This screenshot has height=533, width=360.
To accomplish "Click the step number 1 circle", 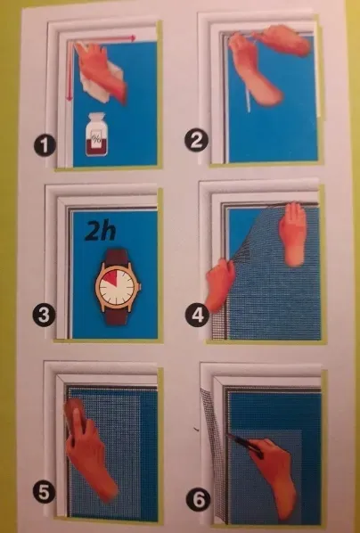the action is (45, 145).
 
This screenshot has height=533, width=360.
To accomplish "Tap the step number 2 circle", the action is (196, 141).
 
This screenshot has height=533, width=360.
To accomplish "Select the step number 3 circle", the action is (44, 316).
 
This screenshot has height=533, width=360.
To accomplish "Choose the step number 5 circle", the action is (45, 493).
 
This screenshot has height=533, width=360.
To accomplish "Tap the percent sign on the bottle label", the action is (96, 139).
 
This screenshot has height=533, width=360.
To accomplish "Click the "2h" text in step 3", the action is (101, 232).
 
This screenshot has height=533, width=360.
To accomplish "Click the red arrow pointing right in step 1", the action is (103, 39).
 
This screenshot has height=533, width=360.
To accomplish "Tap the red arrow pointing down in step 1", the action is (70, 70).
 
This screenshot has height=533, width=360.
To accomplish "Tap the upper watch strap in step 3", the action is (118, 258).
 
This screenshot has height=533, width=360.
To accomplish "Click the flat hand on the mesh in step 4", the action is (293, 234).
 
